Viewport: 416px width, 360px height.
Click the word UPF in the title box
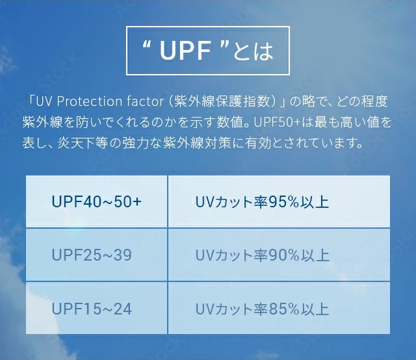tap(185, 51)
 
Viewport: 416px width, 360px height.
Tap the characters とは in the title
tap(253, 51)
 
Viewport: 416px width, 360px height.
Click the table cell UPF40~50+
tap(97, 201)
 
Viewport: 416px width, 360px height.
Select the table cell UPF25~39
tap(97, 255)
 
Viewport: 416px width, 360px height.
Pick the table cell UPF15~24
tap(97, 309)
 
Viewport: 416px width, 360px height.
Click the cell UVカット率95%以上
tap(279, 201)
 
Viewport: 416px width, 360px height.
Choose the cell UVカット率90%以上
tap(279, 255)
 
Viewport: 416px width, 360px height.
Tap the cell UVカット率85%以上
tap(279, 309)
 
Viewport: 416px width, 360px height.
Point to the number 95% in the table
tap(284, 202)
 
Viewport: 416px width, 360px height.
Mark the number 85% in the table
tap(284, 309)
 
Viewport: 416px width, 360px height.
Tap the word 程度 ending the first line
tap(375, 101)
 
